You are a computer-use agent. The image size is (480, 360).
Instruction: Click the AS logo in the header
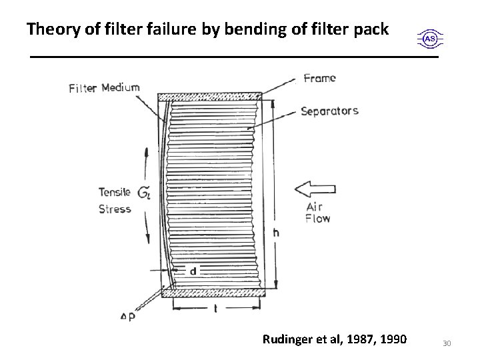[x=431, y=39]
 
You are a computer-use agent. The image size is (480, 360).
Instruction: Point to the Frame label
[x=319, y=78]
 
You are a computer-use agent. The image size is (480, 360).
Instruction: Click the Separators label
[x=329, y=111]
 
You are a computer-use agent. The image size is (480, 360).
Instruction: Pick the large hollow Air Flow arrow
[x=314, y=189]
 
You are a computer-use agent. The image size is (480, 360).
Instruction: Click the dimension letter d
[x=193, y=271]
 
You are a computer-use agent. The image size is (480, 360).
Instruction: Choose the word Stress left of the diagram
[x=114, y=208]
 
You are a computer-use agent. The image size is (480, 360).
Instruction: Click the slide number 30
[x=447, y=343]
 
